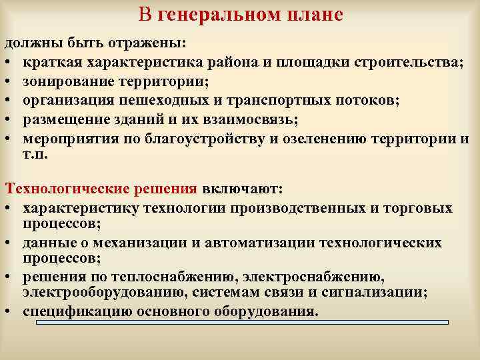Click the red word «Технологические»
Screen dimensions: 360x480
click(53, 189)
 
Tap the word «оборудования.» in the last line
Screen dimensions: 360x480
click(274, 311)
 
